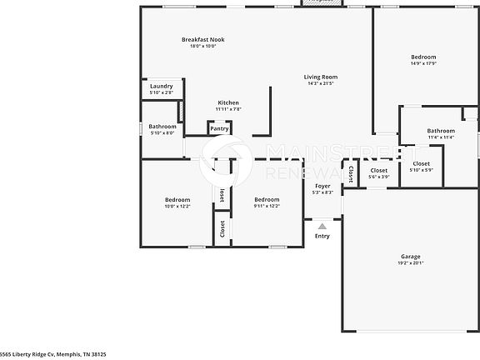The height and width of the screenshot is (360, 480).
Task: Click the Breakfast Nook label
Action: coord(202,39)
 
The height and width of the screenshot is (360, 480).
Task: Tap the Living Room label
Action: coord(320,77)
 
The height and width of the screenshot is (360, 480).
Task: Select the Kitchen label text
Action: coord(229,102)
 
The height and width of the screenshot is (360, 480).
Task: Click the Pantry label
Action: coord(219,129)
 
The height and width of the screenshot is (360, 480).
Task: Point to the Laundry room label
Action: coord(161,86)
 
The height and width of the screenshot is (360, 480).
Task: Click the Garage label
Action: coord(410,256)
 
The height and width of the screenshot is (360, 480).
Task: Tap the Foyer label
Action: coord(322,186)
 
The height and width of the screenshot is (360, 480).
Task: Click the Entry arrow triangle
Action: coord(322,226)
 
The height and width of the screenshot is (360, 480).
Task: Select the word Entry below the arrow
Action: coord(322,236)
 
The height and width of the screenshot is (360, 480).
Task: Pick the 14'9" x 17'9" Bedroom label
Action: coord(423,57)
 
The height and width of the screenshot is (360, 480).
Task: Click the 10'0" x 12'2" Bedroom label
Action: coord(177,200)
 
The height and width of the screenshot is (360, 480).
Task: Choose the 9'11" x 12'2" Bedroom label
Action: coord(267,200)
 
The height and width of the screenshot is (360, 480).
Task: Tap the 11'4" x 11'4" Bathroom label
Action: coord(441,131)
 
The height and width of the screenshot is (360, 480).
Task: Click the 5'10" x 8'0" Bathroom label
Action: coord(162,127)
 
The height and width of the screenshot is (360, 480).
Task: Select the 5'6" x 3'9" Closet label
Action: coord(379,170)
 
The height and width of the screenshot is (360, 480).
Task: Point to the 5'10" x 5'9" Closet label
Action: coord(421,164)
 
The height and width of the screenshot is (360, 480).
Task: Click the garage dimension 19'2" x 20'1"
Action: coord(410,263)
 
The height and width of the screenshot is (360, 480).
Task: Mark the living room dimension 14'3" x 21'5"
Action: coord(320,83)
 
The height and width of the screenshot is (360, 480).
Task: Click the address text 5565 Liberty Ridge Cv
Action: coord(53,354)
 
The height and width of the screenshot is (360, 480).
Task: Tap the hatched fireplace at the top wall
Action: coord(322,3)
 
